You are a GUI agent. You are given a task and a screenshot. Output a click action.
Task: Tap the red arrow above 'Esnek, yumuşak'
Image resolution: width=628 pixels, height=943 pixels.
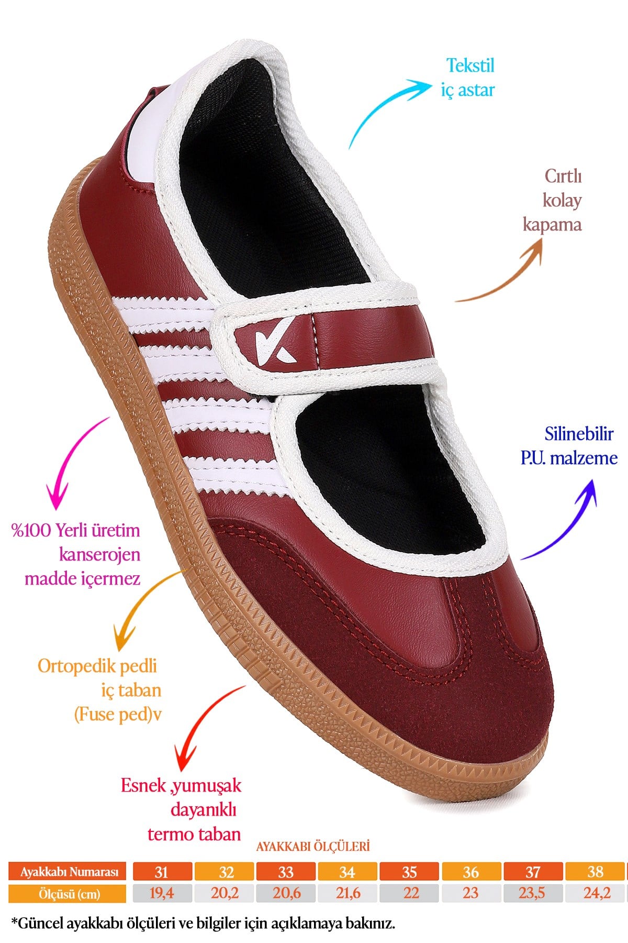(x=199, y=723)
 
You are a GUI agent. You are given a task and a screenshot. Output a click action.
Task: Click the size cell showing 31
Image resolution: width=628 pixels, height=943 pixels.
(x=162, y=871)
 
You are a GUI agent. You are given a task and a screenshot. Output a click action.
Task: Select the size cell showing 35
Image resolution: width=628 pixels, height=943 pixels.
(x=409, y=871)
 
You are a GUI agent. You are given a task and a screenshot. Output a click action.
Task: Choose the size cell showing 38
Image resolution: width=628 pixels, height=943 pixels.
(x=595, y=871)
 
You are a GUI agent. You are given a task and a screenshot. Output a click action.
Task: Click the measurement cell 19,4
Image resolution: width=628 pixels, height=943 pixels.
(x=162, y=893)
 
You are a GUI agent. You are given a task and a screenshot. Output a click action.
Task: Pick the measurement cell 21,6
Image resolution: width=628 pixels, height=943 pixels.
(x=347, y=893)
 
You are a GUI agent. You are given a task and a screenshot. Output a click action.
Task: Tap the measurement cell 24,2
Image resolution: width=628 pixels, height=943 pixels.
(x=595, y=893)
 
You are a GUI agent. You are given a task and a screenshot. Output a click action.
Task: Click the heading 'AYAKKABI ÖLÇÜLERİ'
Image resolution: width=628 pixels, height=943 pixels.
(x=312, y=846)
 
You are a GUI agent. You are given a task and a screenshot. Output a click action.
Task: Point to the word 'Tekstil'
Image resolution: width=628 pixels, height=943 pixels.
(x=470, y=65)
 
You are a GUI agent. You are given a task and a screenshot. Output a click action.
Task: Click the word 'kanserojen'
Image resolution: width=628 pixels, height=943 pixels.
(x=99, y=554)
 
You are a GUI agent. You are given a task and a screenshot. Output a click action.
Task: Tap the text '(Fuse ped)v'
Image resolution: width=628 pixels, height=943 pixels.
(x=118, y=714)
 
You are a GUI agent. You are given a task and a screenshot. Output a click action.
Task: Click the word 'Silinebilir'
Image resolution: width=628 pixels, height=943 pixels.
(x=579, y=434)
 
